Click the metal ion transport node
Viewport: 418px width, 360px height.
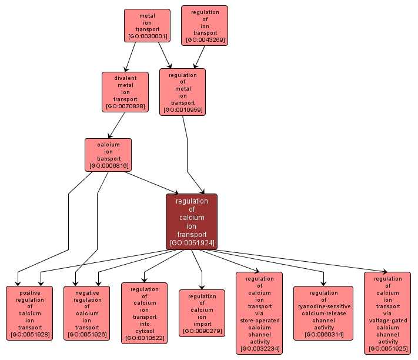(x=147, y=25)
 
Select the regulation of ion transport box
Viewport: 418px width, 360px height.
(x=205, y=26)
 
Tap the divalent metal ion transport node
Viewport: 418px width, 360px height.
(x=124, y=92)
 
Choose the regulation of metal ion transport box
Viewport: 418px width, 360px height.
(x=182, y=92)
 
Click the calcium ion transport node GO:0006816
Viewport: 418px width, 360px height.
(x=108, y=155)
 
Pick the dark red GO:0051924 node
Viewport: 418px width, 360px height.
(x=192, y=221)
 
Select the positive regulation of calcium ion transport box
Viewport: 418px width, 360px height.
(x=29, y=313)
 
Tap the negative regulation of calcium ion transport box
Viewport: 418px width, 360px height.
(x=87, y=313)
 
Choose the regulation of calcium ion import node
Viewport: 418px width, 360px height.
(x=202, y=313)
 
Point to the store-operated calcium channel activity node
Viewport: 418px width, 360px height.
(x=259, y=313)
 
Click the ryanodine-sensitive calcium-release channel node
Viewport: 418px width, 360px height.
(x=323, y=313)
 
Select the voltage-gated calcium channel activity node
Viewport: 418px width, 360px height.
(x=387, y=313)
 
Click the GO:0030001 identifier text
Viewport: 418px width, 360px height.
(x=147, y=36)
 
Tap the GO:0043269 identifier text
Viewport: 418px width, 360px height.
(x=205, y=40)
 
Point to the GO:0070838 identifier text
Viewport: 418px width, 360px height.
(x=124, y=106)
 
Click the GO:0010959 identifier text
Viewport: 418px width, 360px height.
(x=182, y=110)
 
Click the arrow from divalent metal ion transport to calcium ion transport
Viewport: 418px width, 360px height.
(x=118, y=125)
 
